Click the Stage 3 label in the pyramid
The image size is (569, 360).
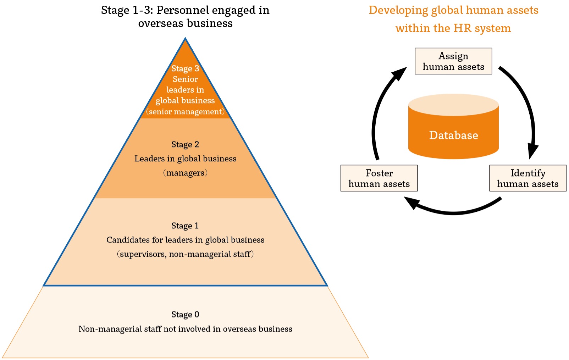click(185, 68)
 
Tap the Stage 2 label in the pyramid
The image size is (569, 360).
click(185, 144)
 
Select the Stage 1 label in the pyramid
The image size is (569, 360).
click(185, 226)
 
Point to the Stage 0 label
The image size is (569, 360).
click(185, 314)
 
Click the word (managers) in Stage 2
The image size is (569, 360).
click(185, 173)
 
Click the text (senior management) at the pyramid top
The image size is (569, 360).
click(185, 111)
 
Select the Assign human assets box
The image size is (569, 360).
click(453, 61)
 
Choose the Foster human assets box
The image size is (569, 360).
click(379, 178)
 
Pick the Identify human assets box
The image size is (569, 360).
click(527, 178)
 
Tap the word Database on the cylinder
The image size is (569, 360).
click(453, 135)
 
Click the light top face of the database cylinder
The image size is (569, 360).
click(453, 104)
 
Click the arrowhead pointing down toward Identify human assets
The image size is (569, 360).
click(532, 151)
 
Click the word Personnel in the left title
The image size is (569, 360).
click(176, 10)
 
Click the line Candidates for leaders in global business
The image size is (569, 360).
click(185, 240)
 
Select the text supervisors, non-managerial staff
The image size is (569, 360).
click(185, 254)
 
